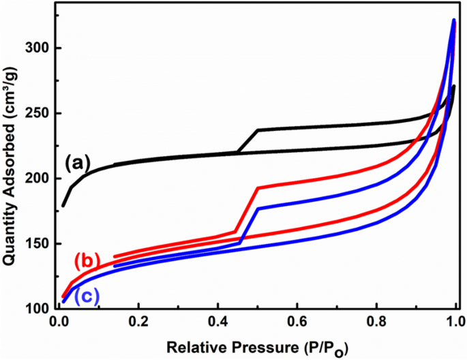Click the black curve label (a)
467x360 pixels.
pyautogui.click(x=78, y=162)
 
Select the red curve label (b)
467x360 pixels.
pyautogui.click(x=88, y=260)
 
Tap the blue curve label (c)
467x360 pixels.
pyautogui.click(x=87, y=296)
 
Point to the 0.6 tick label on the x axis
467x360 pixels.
pyautogui.click(x=297, y=321)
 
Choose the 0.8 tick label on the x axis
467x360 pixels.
pyautogui.click(x=377, y=321)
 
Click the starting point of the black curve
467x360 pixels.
pyautogui.click(x=63, y=205)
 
